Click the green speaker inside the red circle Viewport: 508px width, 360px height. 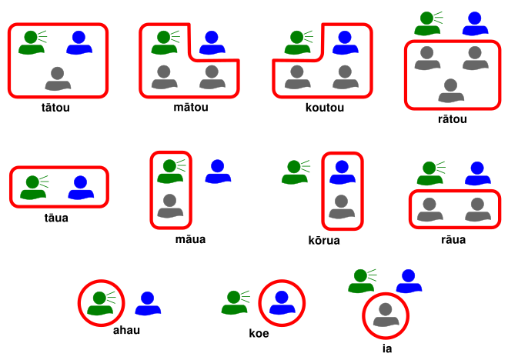(x=100, y=303)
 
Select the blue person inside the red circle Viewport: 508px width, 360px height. (x=282, y=303)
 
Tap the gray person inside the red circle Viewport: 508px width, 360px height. (x=385, y=315)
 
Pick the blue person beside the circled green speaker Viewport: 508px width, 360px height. (x=148, y=304)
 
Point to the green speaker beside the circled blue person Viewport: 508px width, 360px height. (x=234, y=302)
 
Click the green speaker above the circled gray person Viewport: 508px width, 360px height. (x=360, y=281)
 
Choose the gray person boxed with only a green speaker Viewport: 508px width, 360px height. (x=170, y=206)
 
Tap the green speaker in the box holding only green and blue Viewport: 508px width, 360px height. (x=32, y=188)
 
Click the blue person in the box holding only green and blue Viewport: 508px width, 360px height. (x=81, y=188)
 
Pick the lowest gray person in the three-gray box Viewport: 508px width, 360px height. (x=451, y=91)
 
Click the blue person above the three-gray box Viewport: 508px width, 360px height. (x=475, y=24)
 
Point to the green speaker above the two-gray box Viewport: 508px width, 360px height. (x=429, y=173)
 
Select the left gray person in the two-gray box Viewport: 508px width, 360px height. (x=429, y=210)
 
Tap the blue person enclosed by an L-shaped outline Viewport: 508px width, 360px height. (x=343, y=43)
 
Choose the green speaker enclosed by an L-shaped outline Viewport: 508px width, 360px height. (x=164, y=43)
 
